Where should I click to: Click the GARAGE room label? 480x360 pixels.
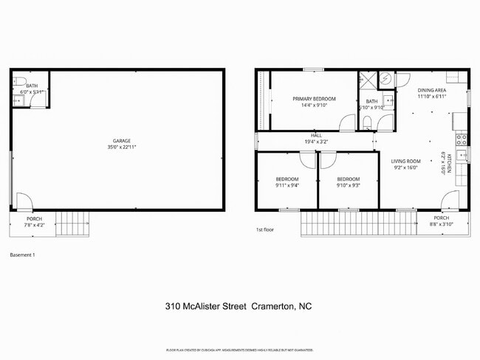coord(122,139)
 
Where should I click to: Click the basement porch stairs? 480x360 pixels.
coord(72,222)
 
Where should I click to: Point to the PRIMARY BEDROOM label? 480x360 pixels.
coord(314,99)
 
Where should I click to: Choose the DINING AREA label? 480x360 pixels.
coord(432,91)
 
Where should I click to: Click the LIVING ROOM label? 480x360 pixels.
coord(405,161)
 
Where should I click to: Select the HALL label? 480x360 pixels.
coord(316,136)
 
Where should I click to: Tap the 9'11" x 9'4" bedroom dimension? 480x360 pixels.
coord(287,186)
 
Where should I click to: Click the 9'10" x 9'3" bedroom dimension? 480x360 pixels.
coord(349,186)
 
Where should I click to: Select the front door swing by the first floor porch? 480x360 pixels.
coord(449,200)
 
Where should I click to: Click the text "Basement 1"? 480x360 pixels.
coord(22,255)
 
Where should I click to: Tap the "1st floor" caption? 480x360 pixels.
coord(265,230)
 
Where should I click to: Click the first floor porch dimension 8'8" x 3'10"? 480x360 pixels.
coord(442,224)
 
